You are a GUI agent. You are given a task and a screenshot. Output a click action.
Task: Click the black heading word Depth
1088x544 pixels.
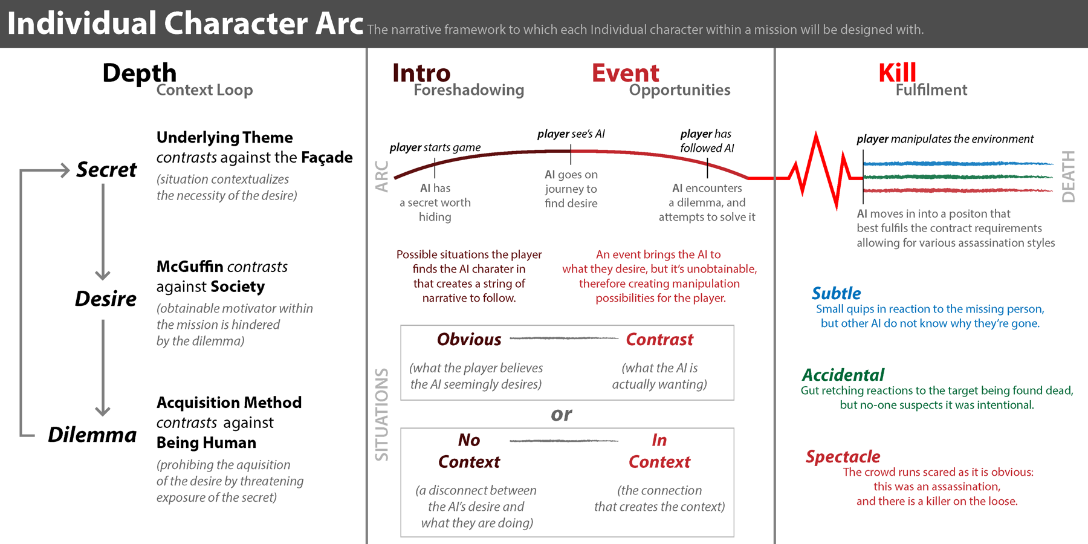tap(140, 74)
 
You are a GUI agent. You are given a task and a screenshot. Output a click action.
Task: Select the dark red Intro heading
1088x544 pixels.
tap(421, 73)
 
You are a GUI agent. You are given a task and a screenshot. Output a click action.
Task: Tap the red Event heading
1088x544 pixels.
tap(626, 73)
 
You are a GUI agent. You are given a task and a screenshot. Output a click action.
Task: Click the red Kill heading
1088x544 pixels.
tap(897, 73)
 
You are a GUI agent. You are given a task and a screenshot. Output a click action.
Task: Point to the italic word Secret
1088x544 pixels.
tap(106, 170)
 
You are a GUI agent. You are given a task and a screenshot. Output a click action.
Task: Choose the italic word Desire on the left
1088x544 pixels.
tap(106, 299)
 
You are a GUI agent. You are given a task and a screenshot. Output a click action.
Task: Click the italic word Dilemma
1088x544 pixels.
tap(92, 435)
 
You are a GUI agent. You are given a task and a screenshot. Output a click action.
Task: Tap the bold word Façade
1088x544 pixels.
tap(327, 158)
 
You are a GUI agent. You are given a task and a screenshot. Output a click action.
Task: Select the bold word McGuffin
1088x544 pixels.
tap(190, 267)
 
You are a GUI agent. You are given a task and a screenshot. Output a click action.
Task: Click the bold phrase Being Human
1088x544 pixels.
tap(206, 443)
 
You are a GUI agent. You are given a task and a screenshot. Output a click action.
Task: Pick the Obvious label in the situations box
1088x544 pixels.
tap(469, 340)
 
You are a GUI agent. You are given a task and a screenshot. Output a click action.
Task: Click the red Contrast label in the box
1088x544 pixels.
tap(659, 340)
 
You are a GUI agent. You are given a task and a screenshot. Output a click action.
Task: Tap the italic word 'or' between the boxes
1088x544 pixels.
tap(562, 415)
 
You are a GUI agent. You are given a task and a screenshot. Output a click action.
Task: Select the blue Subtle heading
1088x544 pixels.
tap(836, 294)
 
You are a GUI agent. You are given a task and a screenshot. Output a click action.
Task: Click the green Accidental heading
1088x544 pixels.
tap(843, 375)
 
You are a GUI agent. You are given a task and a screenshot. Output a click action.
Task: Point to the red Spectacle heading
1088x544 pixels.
tap(843, 456)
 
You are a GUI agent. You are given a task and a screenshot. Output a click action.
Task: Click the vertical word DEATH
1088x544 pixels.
tap(1069, 176)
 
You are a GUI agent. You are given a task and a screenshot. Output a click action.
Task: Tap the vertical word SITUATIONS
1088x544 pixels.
tap(381, 415)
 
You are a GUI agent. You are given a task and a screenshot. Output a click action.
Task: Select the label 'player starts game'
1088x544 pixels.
tap(435, 147)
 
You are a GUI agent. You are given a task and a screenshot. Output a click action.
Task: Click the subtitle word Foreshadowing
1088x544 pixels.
tap(469, 90)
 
